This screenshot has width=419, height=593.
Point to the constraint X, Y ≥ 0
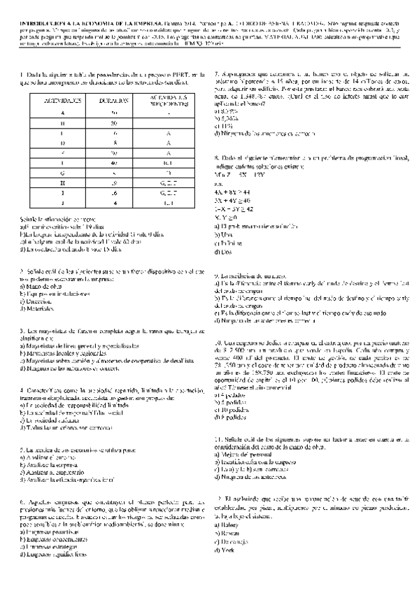(x=229, y=217)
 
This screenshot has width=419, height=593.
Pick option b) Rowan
(x=227, y=531)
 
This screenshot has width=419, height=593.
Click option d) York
(x=225, y=550)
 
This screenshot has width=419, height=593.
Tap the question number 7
(x=218, y=73)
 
